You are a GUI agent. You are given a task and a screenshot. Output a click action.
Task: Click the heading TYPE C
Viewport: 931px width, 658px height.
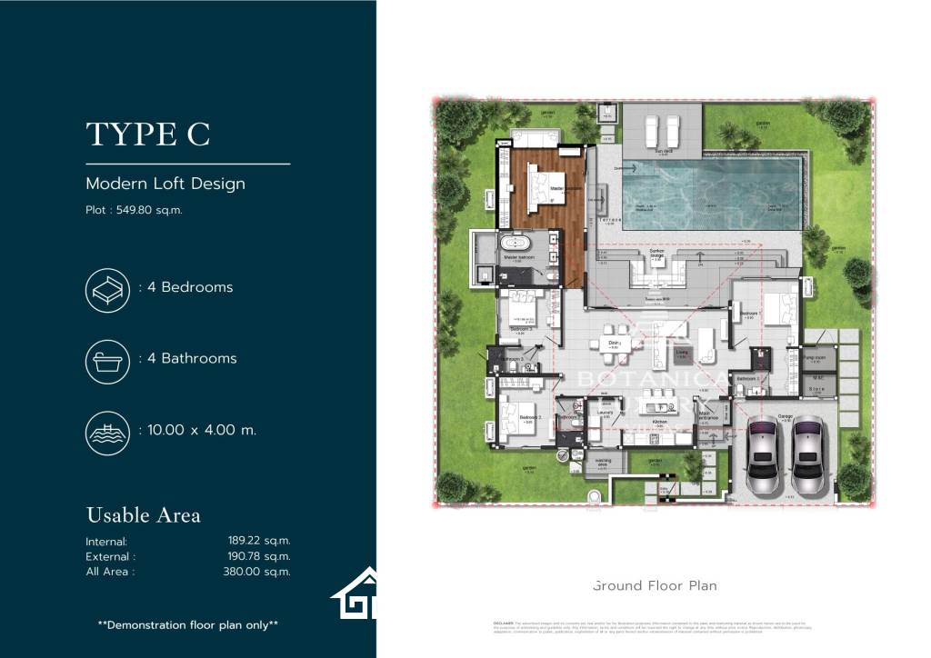point(148,135)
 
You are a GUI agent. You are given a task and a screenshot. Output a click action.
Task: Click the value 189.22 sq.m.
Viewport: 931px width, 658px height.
point(259,541)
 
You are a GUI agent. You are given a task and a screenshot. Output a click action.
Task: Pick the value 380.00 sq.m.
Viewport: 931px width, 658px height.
point(259,572)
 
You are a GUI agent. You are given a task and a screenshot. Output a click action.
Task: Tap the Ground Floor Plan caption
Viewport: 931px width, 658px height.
point(655,585)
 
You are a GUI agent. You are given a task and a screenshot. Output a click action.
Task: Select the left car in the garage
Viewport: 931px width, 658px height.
point(762,455)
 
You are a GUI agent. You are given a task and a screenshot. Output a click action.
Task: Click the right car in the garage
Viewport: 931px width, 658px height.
point(807,455)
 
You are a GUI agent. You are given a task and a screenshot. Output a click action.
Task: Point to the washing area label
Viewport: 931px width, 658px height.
point(602,462)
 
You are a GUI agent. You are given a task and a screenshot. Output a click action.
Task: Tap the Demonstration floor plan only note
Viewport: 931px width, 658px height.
point(187,624)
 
